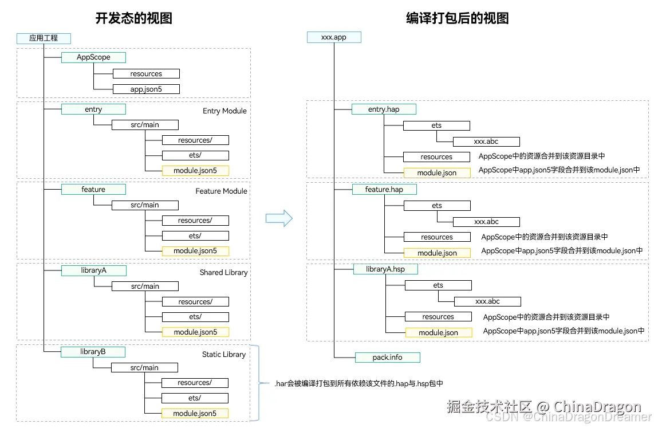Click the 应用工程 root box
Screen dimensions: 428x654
pyautogui.click(x=44, y=38)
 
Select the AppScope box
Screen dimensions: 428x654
pyautogui.click(x=93, y=57)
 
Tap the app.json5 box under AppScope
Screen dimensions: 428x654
pyautogui.click(x=146, y=89)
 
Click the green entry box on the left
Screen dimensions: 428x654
pyautogui.click(x=93, y=109)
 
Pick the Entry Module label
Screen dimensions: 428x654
pyautogui.click(x=224, y=111)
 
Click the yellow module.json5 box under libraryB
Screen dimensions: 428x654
pyautogui.click(x=195, y=413)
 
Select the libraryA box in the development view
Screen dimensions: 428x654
pyautogui.click(x=93, y=270)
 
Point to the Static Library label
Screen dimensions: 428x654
pyautogui.click(x=223, y=355)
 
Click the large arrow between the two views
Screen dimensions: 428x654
pyautogui.click(x=279, y=218)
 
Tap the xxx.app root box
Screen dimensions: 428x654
pyautogui.click(x=334, y=37)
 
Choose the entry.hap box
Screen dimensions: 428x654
pyautogui.click(x=384, y=109)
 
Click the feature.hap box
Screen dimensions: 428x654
pyautogui.click(x=384, y=189)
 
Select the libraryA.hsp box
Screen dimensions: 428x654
pyautogui.click(x=385, y=269)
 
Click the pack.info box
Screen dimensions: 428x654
pyautogui.click(x=388, y=358)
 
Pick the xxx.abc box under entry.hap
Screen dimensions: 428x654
pyautogui.click(x=486, y=142)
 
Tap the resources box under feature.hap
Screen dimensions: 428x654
pyautogui.click(x=437, y=237)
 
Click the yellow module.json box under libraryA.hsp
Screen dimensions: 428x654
pyautogui.click(x=439, y=332)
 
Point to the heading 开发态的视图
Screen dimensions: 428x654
pyautogui.click(x=133, y=18)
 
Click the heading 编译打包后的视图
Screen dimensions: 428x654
pyautogui.click(x=457, y=18)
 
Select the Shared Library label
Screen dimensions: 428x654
pyautogui.click(x=223, y=272)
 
